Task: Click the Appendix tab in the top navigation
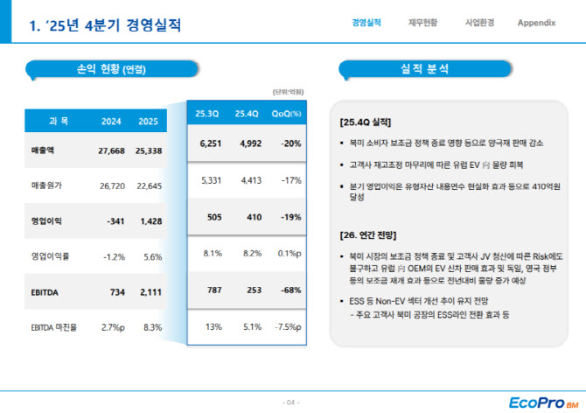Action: (x=536, y=23)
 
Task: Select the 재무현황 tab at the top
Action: (x=422, y=23)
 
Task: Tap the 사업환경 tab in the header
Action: (x=479, y=23)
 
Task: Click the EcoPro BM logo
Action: (x=543, y=402)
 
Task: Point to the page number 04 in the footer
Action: (x=291, y=402)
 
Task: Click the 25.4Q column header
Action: (x=247, y=114)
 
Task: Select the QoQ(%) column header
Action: (x=286, y=114)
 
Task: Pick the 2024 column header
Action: (x=111, y=122)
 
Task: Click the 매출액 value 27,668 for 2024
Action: (x=111, y=150)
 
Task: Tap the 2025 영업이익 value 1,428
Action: (x=151, y=221)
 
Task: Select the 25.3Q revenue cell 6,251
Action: (x=211, y=143)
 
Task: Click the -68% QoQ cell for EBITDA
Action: (x=291, y=290)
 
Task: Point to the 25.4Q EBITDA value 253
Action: (x=255, y=290)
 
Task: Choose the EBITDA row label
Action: (x=45, y=292)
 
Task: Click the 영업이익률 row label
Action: (x=50, y=256)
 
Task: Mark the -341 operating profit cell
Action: (x=115, y=221)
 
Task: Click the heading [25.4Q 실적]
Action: (x=366, y=122)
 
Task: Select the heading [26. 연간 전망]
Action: (x=368, y=235)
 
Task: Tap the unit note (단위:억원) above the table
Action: (x=288, y=92)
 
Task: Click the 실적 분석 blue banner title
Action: (x=424, y=69)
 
